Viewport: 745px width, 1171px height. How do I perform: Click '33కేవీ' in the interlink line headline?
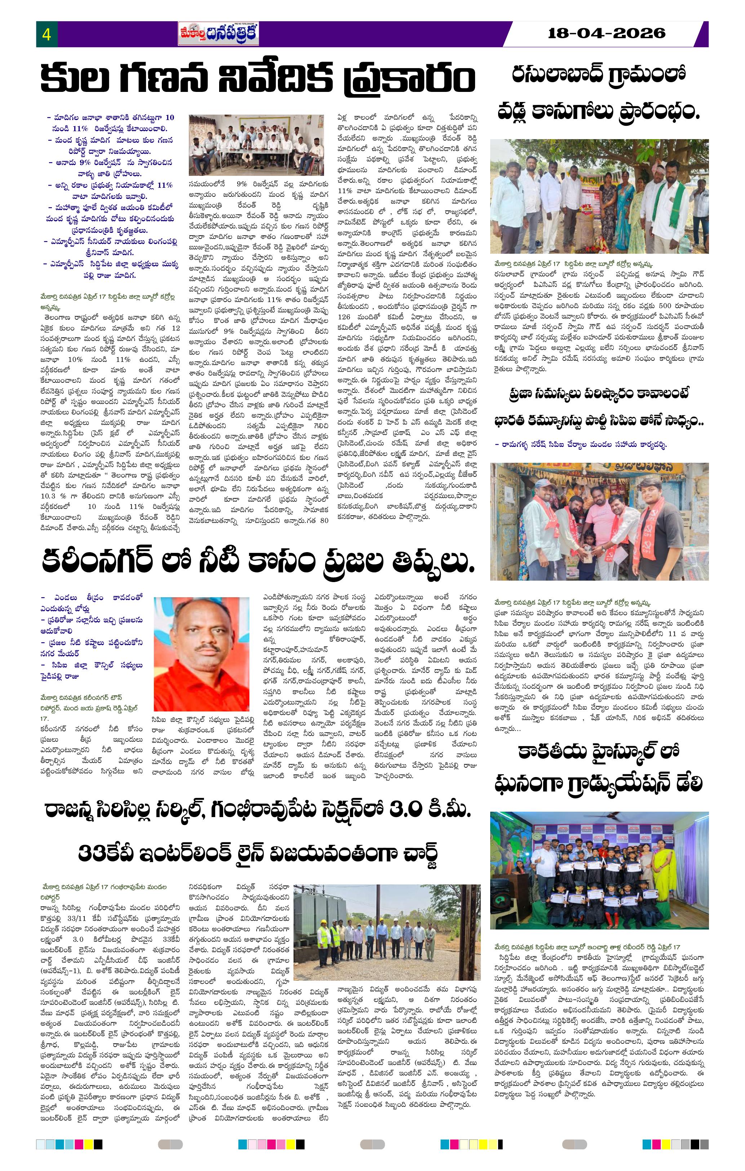click(107, 852)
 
